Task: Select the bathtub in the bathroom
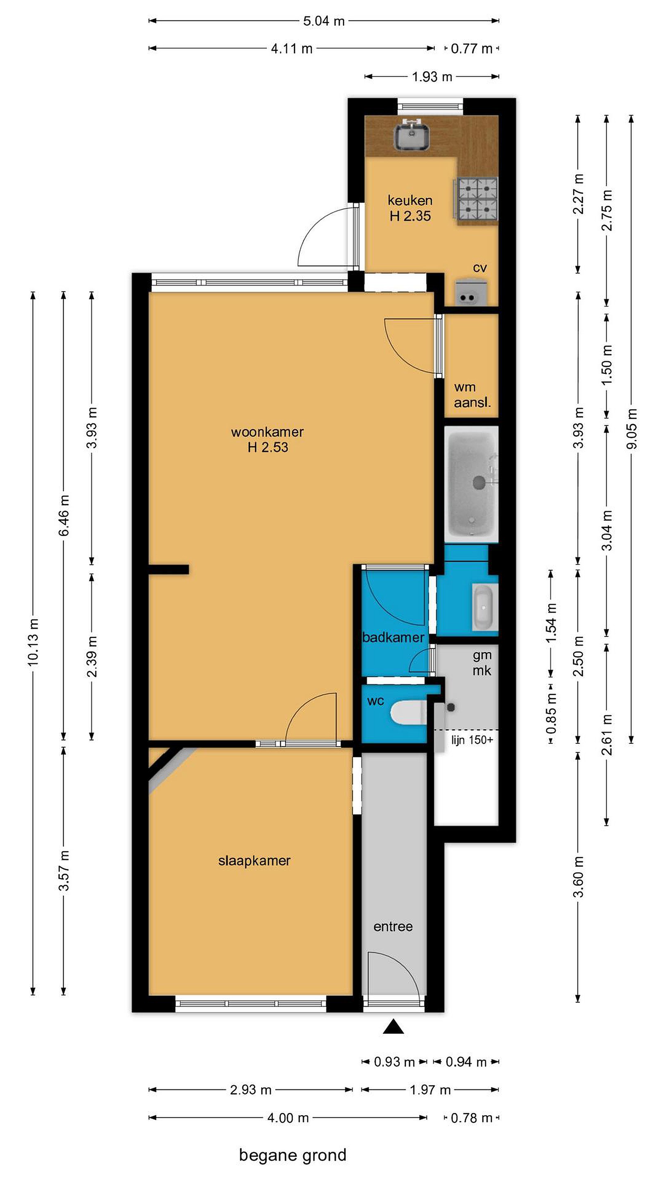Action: [x=472, y=484]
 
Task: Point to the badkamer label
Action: [x=393, y=637]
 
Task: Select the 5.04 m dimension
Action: [x=324, y=21]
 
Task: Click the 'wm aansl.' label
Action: [x=472, y=395]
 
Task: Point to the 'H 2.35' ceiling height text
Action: [x=410, y=216]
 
